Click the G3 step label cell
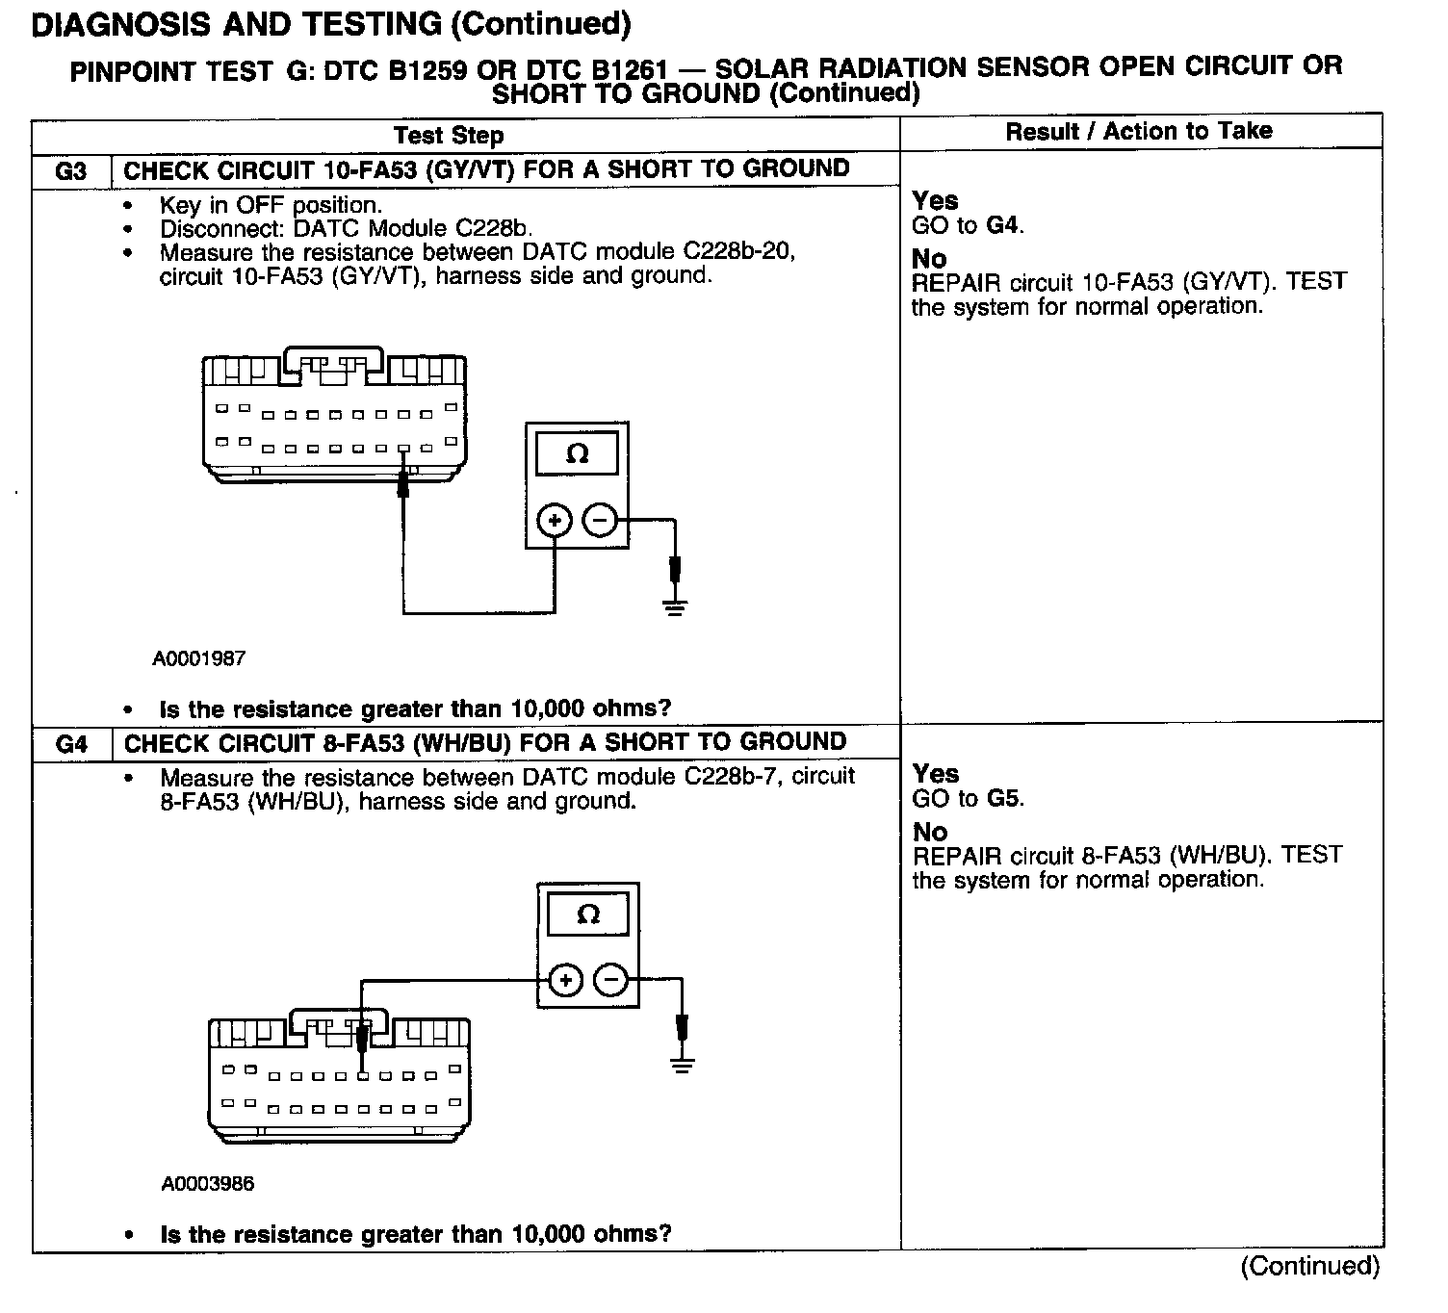point(71,171)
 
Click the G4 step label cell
point(71,744)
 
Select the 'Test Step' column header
point(449,136)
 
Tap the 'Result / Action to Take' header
point(1139,132)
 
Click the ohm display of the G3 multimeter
point(577,453)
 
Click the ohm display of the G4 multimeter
point(587,914)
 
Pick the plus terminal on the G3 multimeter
point(555,522)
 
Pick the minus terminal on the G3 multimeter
point(599,522)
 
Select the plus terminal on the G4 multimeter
point(565,981)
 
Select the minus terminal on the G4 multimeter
point(610,981)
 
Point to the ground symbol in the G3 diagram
point(675,606)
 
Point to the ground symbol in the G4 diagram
point(683,1065)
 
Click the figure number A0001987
point(199,659)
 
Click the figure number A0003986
point(208,1184)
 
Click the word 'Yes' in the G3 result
point(935,201)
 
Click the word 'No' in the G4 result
point(930,832)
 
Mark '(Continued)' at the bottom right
point(1310,1266)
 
